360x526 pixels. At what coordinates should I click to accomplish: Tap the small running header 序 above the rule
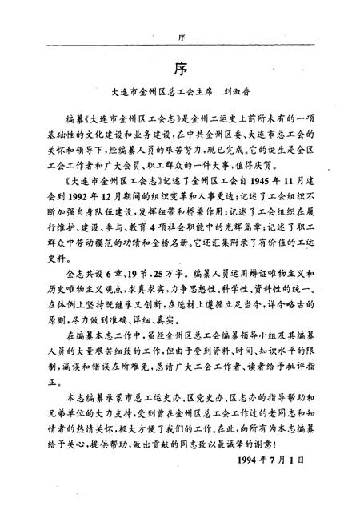coord(179,36)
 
